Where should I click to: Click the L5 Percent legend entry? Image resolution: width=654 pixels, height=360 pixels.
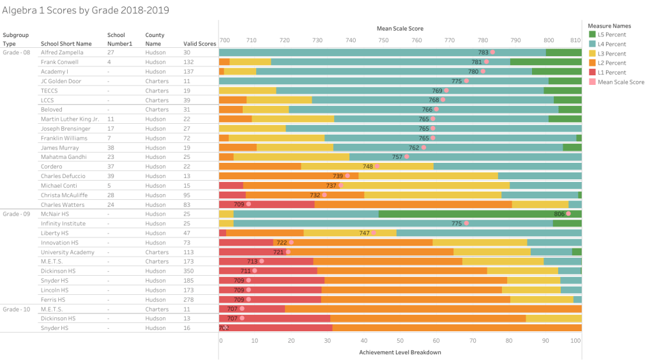tap(611, 34)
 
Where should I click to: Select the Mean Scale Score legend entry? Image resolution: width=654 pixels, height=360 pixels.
tap(620, 82)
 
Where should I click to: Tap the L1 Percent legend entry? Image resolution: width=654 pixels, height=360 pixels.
tap(611, 73)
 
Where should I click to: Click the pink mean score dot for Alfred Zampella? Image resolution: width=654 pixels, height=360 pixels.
tap(492, 52)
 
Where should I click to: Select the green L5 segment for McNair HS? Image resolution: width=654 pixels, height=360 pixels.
tap(480, 214)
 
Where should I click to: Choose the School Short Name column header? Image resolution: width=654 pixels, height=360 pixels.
tap(61, 43)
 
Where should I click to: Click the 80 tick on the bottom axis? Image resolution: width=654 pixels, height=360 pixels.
tap(509, 341)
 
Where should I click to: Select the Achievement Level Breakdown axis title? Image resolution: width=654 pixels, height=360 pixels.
tap(400, 352)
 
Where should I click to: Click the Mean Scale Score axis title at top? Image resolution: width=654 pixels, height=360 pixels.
tap(400, 29)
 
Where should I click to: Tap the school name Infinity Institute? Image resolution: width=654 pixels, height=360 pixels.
tap(63, 224)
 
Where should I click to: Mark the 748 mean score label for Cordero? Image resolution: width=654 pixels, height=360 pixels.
tap(368, 167)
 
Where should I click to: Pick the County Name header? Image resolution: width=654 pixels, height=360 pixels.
tap(155, 40)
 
